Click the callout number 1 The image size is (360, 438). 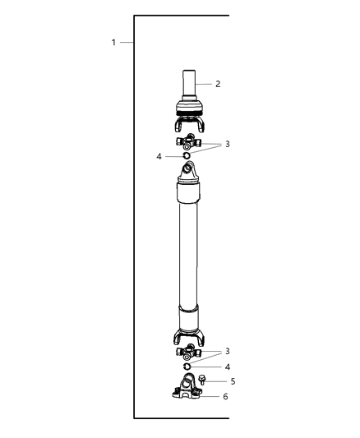113,42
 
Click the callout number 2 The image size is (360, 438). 218,84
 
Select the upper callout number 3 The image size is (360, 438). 228,144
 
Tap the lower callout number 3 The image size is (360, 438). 228,351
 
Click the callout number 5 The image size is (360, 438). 233,381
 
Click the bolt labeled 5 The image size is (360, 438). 203,380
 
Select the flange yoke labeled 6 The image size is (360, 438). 187,390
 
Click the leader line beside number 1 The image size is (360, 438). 127,42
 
